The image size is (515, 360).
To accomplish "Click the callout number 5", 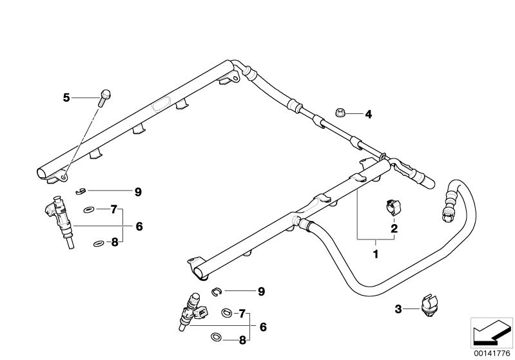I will [x=66, y=98].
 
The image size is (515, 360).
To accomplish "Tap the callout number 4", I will [x=369, y=115].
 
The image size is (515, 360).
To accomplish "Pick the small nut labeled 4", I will [x=340, y=113].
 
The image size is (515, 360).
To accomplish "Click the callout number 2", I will [x=393, y=227].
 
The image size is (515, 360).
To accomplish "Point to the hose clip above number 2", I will [x=392, y=206].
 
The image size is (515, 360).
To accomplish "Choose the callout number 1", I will [x=376, y=255].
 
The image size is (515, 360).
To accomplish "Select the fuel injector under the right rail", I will [x=193, y=311].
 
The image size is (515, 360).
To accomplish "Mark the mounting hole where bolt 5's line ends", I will [x=65, y=175].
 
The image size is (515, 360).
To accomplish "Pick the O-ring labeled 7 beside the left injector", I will [x=89, y=209].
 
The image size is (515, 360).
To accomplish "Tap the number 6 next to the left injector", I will [x=139, y=226].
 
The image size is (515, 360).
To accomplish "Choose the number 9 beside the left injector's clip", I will [x=137, y=191].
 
